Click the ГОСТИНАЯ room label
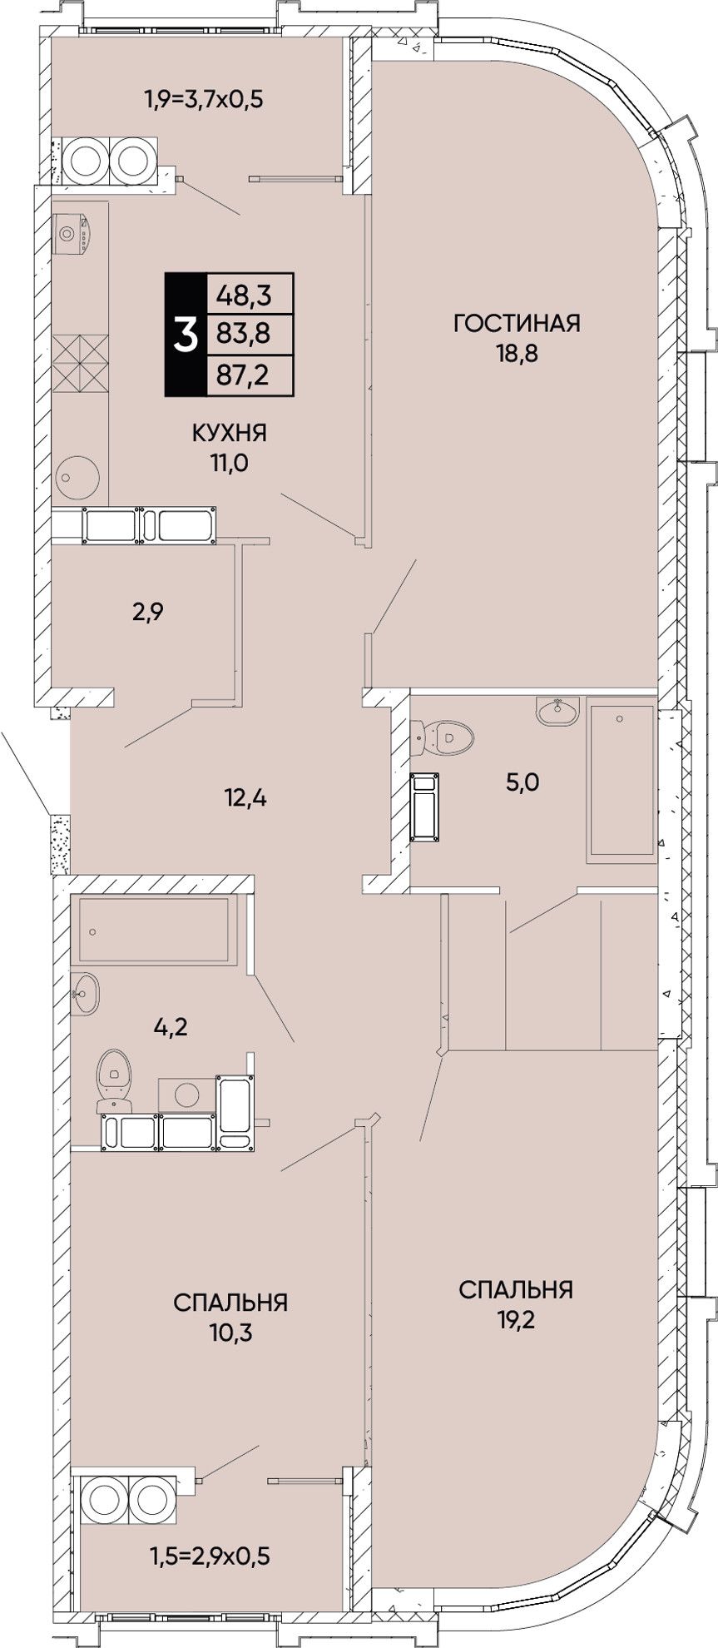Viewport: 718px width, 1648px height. (x=516, y=322)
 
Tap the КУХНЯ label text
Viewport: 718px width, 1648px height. (x=229, y=433)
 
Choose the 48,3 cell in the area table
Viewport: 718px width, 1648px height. (x=250, y=294)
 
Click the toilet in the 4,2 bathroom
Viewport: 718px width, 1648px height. (x=115, y=1080)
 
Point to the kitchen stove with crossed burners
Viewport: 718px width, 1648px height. (x=81, y=363)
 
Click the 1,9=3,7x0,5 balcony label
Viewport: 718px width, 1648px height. (x=204, y=101)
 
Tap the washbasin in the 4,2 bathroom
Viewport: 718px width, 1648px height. (x=85, y=994)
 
